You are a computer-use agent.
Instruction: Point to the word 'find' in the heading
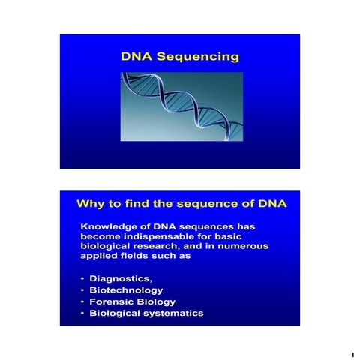pos(146,203)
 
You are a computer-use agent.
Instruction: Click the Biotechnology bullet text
pos(126,289)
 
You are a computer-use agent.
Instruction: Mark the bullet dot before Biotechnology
pos(82,290)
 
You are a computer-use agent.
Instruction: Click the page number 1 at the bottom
pos(350,352)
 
